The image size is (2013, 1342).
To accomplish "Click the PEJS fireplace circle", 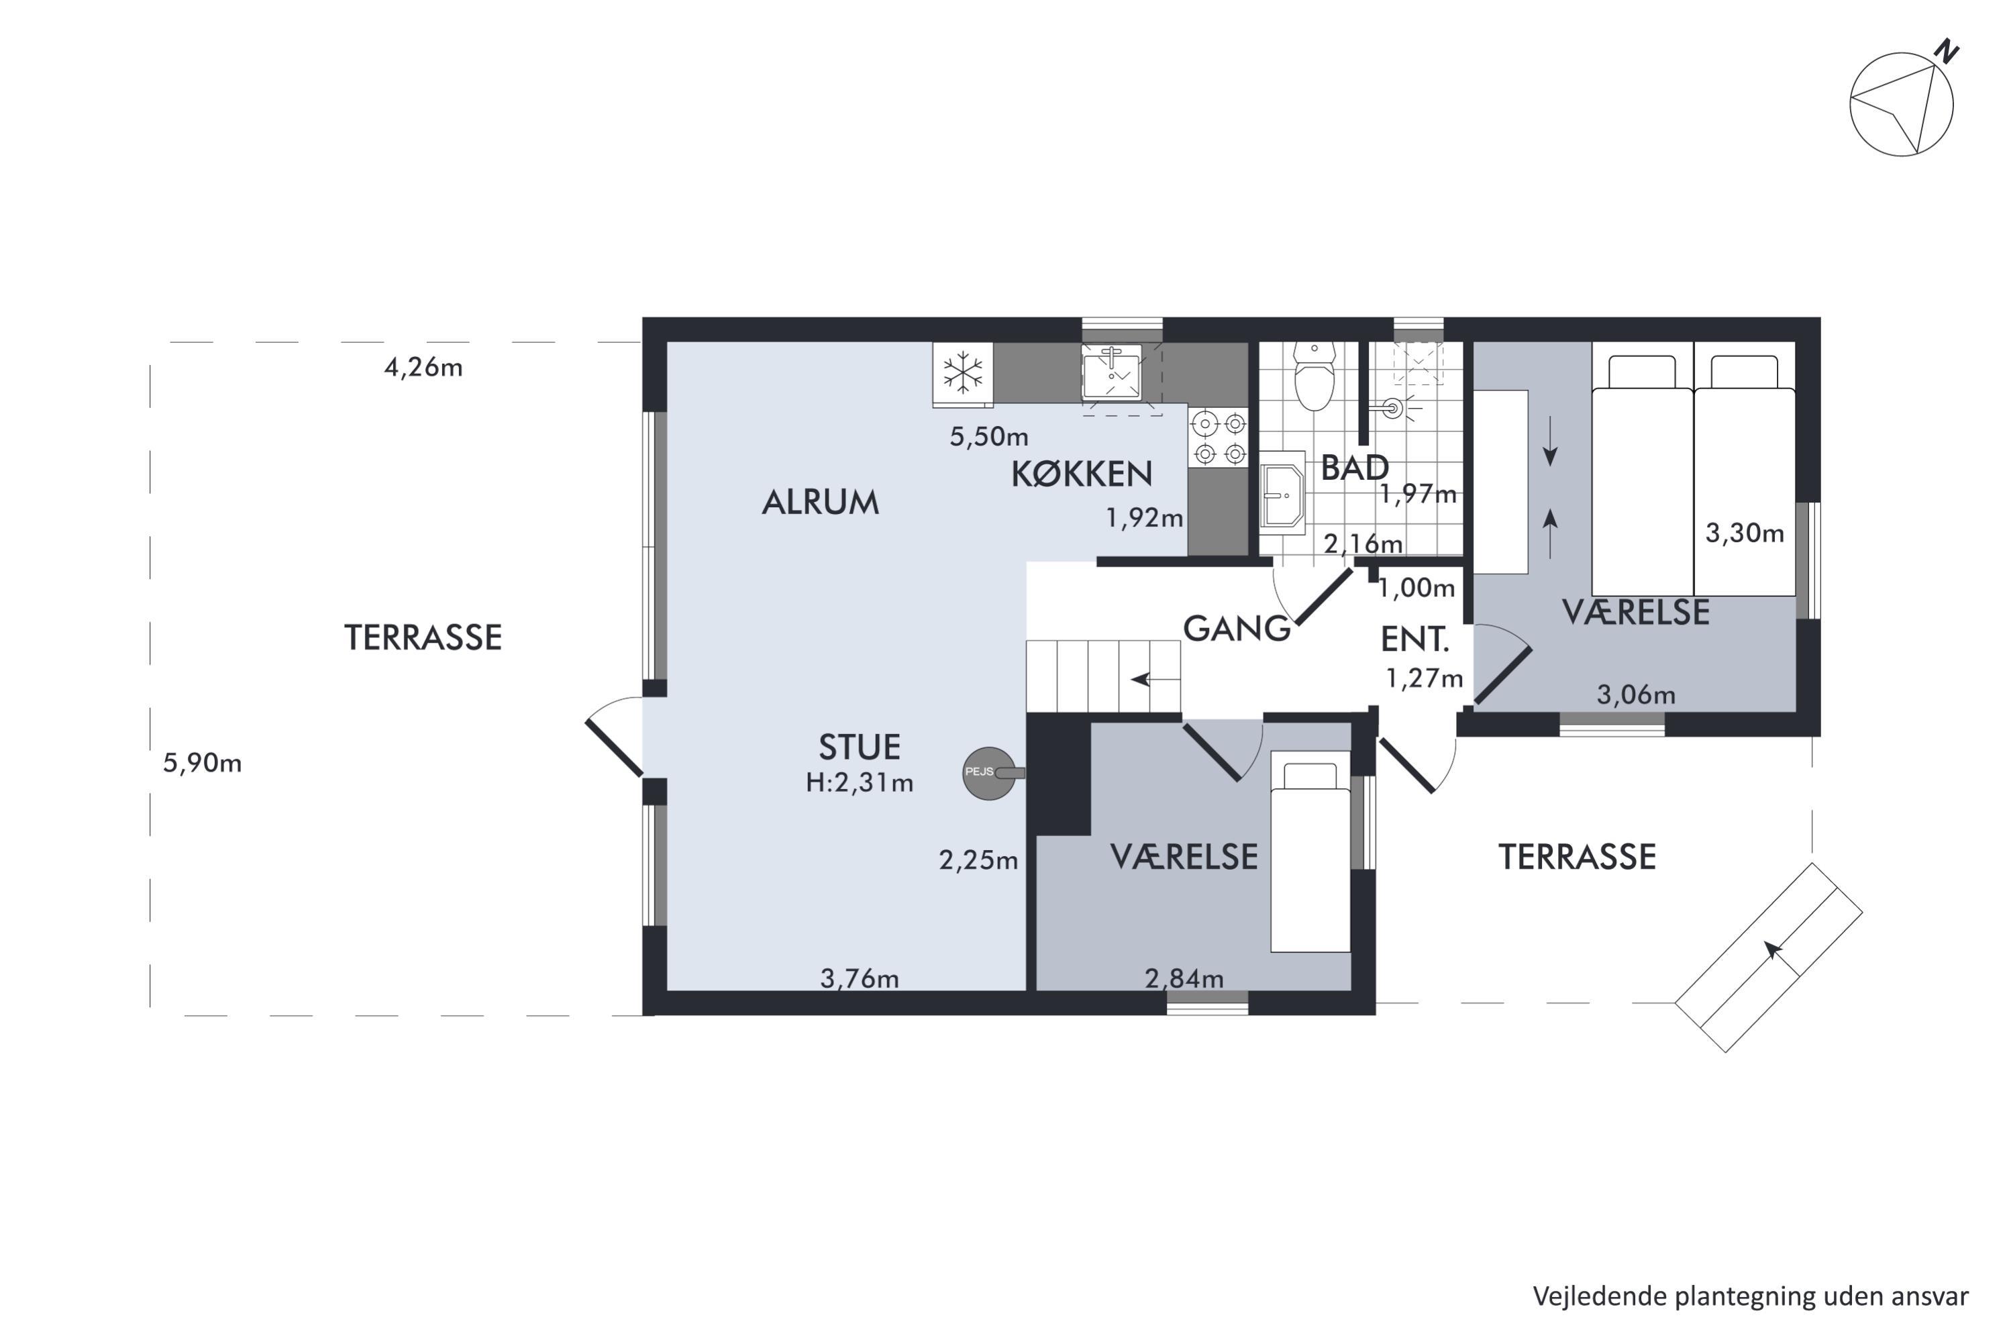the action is point(989,774).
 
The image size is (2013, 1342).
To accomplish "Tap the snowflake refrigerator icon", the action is point(963,373).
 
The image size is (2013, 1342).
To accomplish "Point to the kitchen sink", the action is point(1112,372).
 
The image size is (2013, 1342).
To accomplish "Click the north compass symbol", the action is point(1902,102).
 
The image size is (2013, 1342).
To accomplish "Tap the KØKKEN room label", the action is point(1082,474).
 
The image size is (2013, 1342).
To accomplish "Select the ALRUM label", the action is point(820,503).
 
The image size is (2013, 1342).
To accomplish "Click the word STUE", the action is point(860,747).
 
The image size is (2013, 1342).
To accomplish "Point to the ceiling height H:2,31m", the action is point(860,782).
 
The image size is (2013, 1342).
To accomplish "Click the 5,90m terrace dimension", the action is point(202,762).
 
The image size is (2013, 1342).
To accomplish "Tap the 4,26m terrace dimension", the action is point(423,367).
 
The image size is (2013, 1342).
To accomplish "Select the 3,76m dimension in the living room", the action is point(860,978).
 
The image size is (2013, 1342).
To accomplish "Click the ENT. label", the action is point(1414,639).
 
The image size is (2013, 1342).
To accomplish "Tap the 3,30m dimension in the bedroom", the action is point(1744,533).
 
